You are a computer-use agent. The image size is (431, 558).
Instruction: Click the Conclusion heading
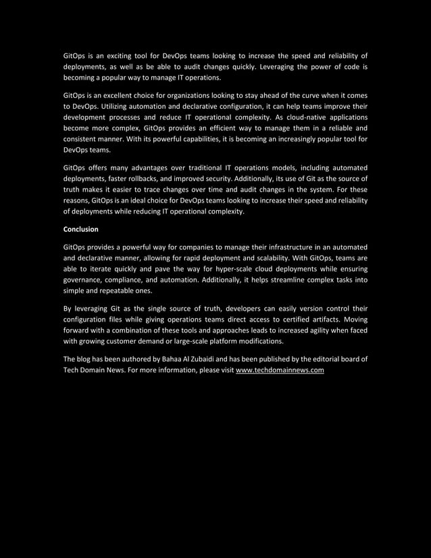[80, 229]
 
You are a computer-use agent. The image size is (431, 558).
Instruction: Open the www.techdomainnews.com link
[280, 370]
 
